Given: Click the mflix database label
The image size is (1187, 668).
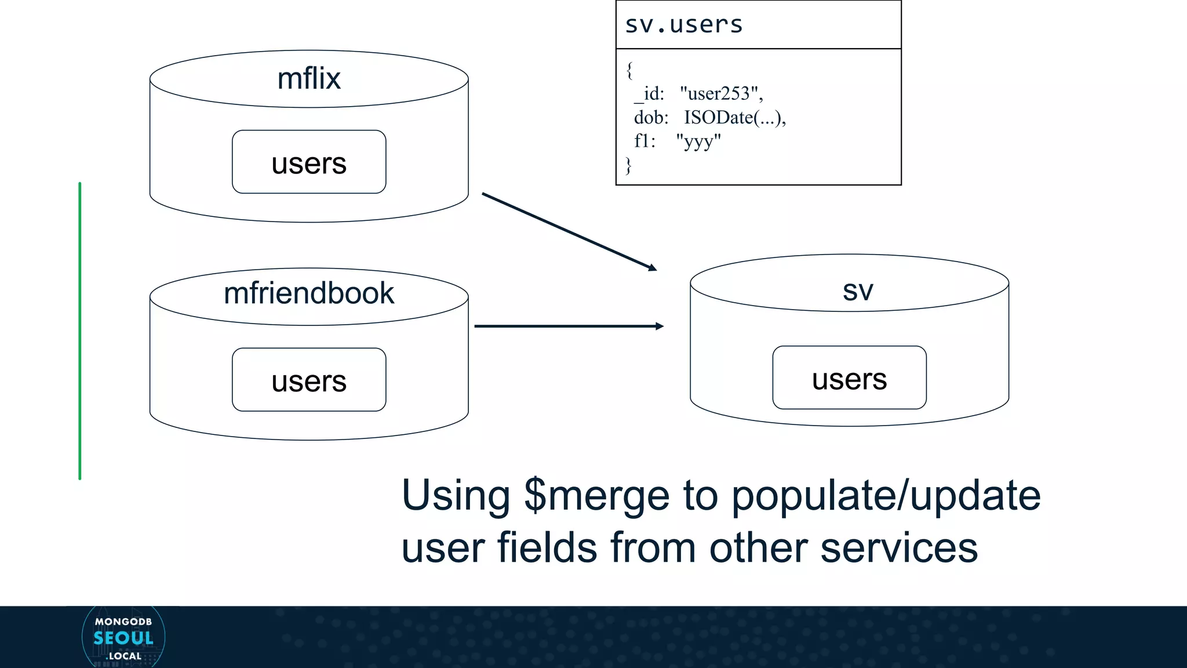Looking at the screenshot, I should [309, 78].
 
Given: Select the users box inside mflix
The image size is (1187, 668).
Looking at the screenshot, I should [309, 162].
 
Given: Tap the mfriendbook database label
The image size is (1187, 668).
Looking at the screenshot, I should [309, 293].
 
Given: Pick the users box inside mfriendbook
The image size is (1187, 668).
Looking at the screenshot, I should [309, 380].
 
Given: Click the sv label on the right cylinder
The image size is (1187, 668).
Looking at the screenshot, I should [858, 291].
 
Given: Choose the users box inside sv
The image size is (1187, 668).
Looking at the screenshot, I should [849, 379].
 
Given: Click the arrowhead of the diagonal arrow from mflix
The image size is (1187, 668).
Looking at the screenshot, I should [653, 268].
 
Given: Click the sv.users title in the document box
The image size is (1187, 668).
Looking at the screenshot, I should [684, 25].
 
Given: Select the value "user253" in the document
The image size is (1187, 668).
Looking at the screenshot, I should [720, 93].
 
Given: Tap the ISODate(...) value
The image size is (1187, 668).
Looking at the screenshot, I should [734, 118].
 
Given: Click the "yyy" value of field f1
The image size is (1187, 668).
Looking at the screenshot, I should [698, 141].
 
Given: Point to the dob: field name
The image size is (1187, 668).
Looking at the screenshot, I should [651, 118].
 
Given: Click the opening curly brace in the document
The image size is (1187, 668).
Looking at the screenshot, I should [629, 71].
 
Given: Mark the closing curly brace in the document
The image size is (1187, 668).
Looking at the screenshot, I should [628, 165].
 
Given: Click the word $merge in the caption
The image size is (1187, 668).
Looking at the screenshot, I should [597, 496].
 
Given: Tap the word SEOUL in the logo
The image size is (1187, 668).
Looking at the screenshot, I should [123, 638].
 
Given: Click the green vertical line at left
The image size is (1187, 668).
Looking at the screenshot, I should [80, 331].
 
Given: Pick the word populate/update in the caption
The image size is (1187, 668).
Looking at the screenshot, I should [886, 496].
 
